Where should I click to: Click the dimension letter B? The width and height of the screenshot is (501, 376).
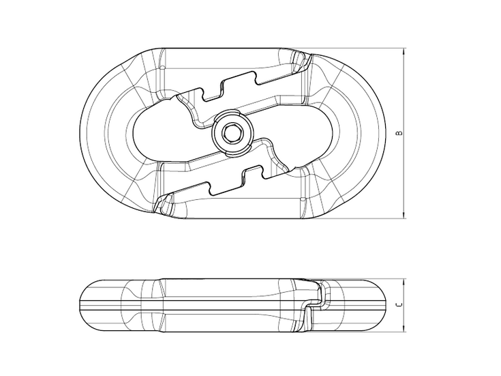[x=399, y=132]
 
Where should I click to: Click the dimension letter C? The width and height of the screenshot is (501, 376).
[x=399, y=304]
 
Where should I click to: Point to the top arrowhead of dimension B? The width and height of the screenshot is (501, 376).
[x=404, y=52]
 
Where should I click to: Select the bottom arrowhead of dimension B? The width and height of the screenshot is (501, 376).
[x=404, y=215]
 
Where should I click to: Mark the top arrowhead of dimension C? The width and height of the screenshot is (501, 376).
[x=404, y=283]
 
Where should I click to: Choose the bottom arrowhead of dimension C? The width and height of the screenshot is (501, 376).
[x=404, y=328]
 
